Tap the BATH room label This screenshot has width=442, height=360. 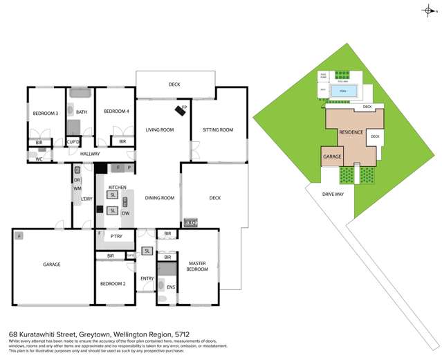[81, 111]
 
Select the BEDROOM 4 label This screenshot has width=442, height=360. [117, 111]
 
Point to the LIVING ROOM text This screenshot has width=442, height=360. [159, 129]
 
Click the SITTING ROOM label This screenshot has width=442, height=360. [217, 129]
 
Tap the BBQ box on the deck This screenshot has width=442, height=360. [190, 223]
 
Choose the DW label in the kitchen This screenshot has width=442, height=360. [125, 213]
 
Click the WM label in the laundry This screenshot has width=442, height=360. [77, 188]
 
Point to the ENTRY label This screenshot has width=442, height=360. [147, 278]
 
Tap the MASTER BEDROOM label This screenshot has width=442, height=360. [196, 266]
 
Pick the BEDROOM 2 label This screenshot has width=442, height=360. [112, 284]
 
